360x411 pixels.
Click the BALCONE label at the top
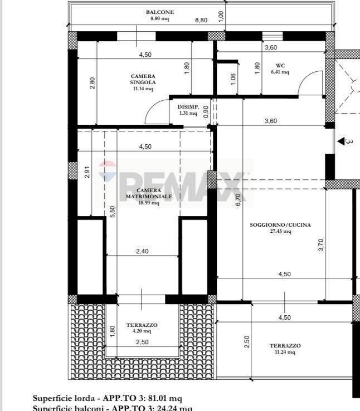click(159, 12)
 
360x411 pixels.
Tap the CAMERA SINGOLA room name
click(143, 80)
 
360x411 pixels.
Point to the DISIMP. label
click(187, 107)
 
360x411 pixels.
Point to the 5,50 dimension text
click(113, 212)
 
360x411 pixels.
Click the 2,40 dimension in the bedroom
click(142, 251)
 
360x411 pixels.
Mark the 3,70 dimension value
click(320, 245)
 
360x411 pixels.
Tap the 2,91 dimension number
click(87, 173)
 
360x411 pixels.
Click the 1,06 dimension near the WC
click(233, 80)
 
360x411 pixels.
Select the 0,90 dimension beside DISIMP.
click(206, 111)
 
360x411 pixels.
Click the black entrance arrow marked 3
click(341, 142)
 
